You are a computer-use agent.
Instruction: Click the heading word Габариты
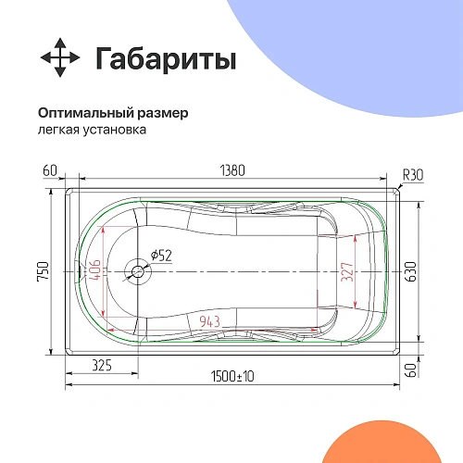coord(166,59)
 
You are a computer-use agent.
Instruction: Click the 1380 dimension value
coord(232,170)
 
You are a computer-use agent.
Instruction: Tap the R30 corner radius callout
coord(412,174)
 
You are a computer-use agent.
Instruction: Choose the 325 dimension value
coord(103,366)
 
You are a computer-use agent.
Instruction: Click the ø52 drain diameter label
coord(158,255)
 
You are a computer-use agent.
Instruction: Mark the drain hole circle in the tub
coord(138,272)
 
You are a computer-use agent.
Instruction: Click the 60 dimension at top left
coord(50,170)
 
